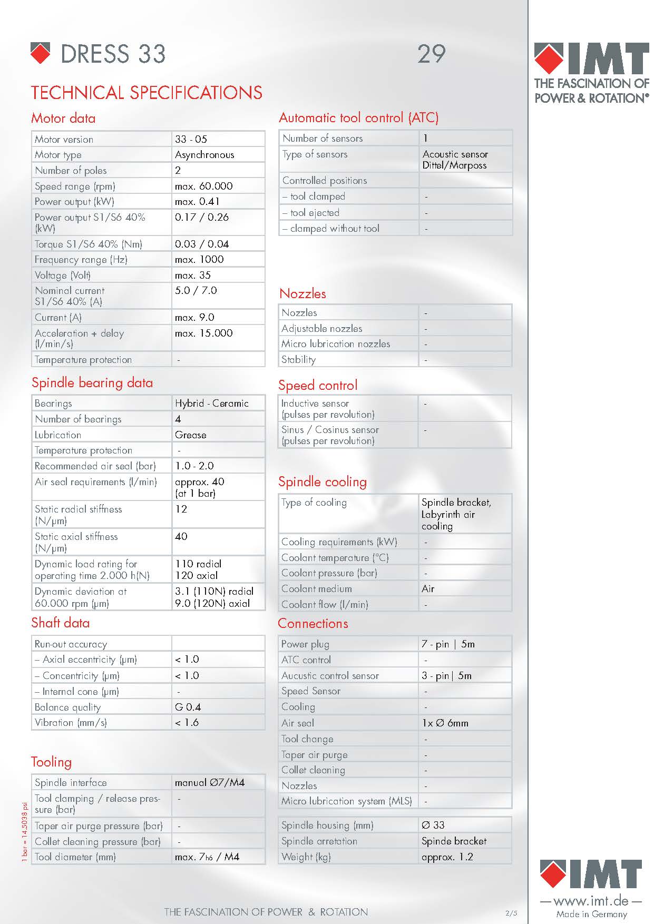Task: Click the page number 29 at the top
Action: click(x=432, y=54)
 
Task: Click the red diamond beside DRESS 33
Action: click(x=41, y=53)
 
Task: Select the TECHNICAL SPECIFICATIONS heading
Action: click(x=147, y=93)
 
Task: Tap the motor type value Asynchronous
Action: click(x=204, y=155)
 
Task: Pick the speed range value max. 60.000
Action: click(x=203, y=186)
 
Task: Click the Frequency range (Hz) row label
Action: click(x=81, y=260)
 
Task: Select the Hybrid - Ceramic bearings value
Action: click(x=211, y=404)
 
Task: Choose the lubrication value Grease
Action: click(x=190, y=435)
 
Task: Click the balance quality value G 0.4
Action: click(x=188, y=707)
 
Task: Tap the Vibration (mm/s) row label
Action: click(x=71, y=723)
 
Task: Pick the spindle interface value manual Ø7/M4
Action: click(x=210, y=783)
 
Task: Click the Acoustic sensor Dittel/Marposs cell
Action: click(x=455, y=160)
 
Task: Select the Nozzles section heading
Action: click(x=302, y=293)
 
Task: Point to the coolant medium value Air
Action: click(x=428, y=589)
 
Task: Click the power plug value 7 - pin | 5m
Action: click(x=448, y=644)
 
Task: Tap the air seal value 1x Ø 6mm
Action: click(x=445, y=723)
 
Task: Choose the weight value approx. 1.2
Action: click(x=447, y=857)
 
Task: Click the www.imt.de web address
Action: click(x=591, y=901)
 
